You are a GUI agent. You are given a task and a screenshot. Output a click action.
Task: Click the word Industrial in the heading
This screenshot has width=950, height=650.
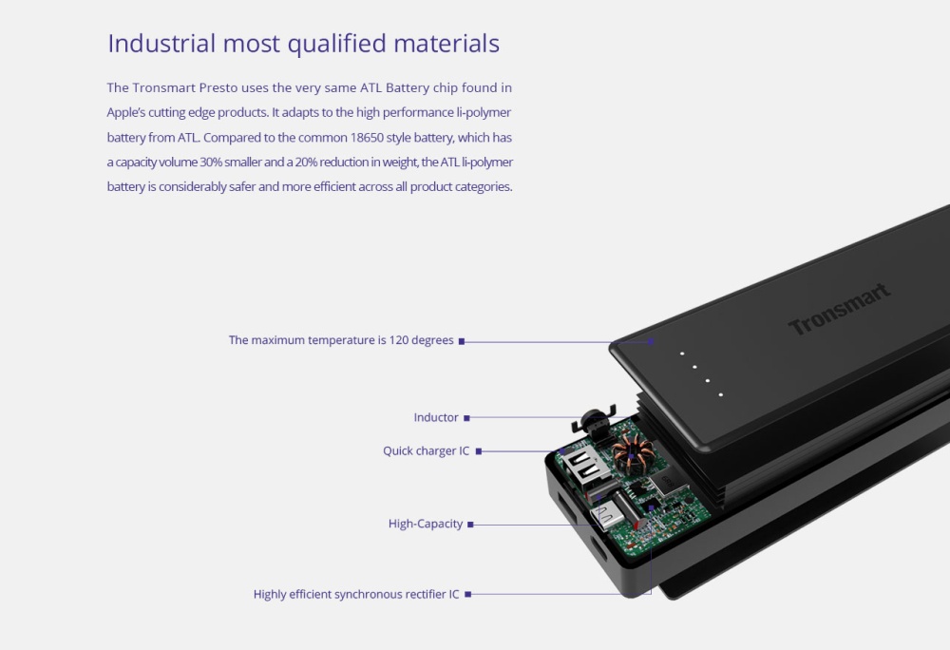(x=161, y=43)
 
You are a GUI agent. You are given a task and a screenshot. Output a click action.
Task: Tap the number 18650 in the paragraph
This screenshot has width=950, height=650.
(x=367, y=138)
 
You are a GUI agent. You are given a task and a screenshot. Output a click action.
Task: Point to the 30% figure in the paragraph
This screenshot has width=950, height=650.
(x=211, y=162)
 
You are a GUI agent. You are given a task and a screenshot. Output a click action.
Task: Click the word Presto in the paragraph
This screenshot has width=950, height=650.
(x=218, y=87)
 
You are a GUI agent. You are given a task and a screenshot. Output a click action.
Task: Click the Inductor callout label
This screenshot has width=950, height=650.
(x=436, y=417)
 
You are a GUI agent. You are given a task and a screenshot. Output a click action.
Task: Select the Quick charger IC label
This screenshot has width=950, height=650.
(x=426, y=450)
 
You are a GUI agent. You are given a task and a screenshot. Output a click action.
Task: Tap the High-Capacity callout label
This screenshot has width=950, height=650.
(x=426, y=524)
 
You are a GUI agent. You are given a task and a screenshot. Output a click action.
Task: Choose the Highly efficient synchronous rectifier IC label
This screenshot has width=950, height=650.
(x=356, y=594)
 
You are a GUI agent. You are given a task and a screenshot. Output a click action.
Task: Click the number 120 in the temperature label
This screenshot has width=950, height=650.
(x=399, y=340)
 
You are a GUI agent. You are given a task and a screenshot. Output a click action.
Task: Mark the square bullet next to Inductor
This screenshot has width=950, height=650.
(x=466, y=418)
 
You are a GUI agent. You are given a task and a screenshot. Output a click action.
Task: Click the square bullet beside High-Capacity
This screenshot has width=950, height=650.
(x=471, y=525)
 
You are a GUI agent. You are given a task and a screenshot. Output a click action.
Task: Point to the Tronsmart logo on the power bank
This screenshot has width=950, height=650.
(x=839, y=309)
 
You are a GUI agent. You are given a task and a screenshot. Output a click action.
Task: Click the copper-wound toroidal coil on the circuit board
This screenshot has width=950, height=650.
(x=632, y=455)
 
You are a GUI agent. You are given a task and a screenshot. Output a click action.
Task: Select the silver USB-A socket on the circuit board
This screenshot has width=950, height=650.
(x=580, y=468)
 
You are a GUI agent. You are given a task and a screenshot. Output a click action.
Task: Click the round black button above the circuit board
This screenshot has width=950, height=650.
(x=593, y=419)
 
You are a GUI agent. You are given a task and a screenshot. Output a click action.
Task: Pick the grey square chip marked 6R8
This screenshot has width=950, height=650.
(x=665, y=483)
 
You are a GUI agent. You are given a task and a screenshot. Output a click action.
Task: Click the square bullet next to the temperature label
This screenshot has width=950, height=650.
(x=462, y=342)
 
